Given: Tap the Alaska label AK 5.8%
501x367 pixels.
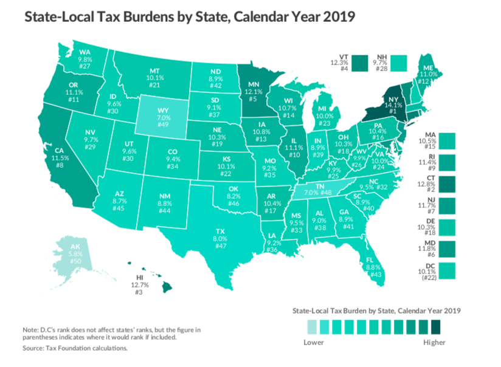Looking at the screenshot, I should [x=75, y=252].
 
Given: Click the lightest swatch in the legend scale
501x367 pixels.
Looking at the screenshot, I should [x=310, y=328].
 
